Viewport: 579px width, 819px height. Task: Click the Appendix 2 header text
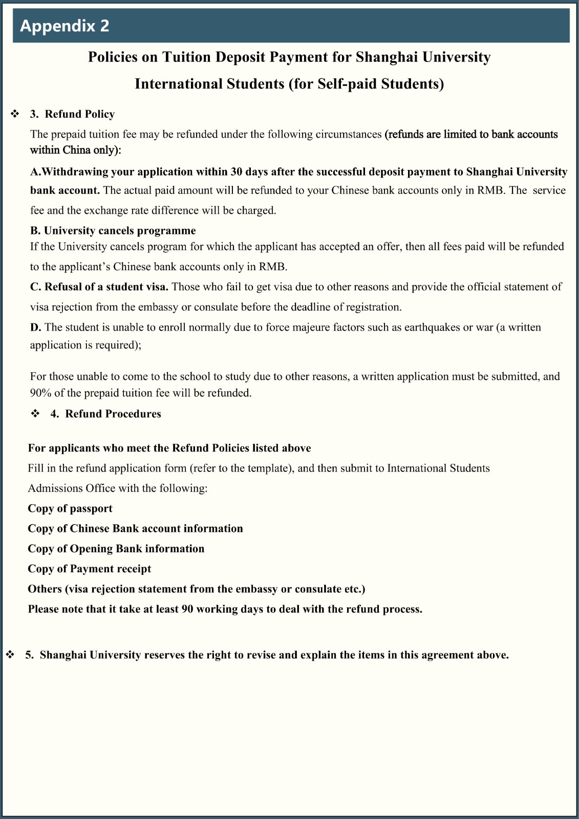pos(65,26)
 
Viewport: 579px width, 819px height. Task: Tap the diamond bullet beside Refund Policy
pos(15,114)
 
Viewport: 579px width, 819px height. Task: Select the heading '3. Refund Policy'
pos(72,114)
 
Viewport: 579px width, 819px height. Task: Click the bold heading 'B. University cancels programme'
pos(113,230)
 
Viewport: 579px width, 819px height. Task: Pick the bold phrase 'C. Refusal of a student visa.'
pos(99,287)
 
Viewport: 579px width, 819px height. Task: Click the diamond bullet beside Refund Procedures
pos(35,414)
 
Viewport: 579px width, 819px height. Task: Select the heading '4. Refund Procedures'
pos(105,414)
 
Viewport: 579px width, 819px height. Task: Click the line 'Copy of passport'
pos(70,508)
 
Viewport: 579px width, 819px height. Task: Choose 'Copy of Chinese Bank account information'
pos(135,528)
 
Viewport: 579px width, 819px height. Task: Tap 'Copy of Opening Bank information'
pos(116,549)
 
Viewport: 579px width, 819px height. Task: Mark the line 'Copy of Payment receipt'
pos(89,569)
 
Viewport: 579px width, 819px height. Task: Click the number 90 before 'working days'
pos(187,609)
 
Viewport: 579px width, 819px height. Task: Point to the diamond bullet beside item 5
pos(10,655)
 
